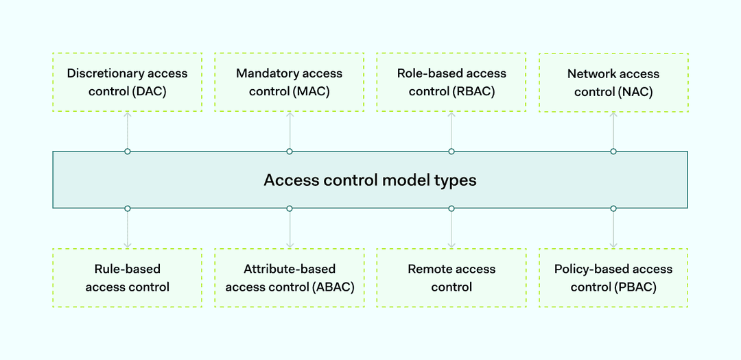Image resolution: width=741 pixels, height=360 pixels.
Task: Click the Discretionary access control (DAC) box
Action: coord(128,82)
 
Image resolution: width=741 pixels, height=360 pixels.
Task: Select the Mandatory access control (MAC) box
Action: coord(290,82)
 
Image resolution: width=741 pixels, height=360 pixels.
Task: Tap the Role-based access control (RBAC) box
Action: coord(451,82)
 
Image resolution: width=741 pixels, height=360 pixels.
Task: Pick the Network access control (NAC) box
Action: coord(613,82)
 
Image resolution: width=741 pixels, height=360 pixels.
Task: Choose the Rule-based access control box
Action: coord(128,278)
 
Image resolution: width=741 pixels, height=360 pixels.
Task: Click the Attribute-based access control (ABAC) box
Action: coord(290,278)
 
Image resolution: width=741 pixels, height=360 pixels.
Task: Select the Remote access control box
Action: coord(451,278)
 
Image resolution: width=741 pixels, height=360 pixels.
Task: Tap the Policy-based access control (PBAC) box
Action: coord(613,278)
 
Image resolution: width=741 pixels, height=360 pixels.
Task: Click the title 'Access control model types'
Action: coord(370,180)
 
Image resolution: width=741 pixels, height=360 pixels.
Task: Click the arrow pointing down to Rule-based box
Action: coord(128,229)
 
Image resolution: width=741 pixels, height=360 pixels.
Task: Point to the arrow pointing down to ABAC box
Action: coord(290,229)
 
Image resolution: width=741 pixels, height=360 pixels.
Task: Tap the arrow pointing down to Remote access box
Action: coord(451,229)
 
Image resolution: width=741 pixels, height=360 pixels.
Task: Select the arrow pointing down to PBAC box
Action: coord(613,229)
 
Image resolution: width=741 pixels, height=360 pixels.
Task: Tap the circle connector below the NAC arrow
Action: coord(613,151)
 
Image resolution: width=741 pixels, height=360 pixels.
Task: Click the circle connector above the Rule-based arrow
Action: coord(128,208)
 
